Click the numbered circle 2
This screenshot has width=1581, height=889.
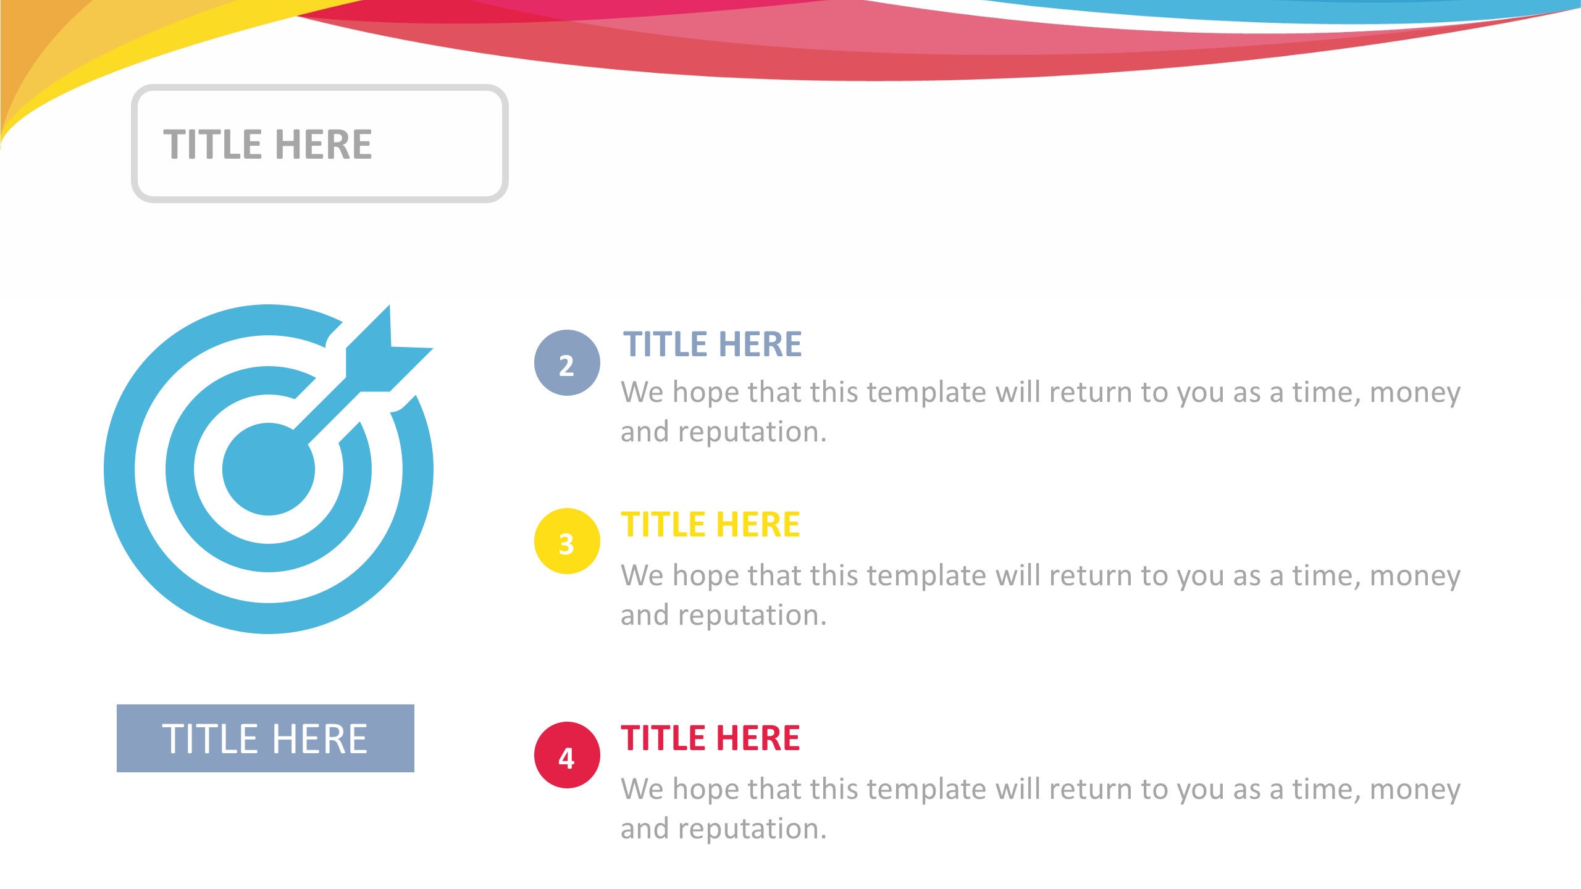566,363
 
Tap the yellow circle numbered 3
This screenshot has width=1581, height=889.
566,541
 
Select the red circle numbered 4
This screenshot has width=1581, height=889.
566,755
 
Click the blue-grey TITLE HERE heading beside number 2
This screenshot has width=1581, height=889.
712,344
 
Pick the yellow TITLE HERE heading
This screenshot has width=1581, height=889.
710,525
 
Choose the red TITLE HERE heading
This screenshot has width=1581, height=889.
710,738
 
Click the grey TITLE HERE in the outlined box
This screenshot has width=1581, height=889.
267,144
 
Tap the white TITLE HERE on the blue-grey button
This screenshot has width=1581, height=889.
265,738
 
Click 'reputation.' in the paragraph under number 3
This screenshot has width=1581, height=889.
752,616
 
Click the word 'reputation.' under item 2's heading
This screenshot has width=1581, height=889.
752,432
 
